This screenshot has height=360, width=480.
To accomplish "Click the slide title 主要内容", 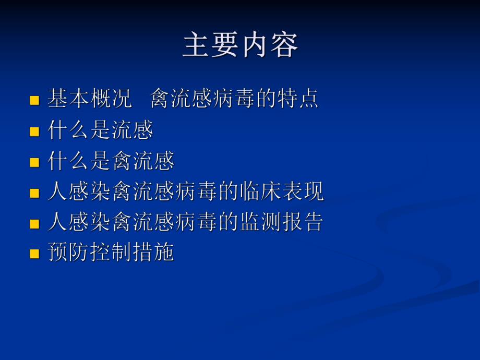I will tap(240, 45).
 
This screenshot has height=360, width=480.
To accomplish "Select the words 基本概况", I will tap(90, 99).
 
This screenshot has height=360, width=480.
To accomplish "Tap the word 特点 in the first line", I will tap(297, 99).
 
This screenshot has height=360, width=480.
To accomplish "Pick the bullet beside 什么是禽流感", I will tap(34, 162).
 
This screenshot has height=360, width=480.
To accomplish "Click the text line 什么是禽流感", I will tap(111, 161).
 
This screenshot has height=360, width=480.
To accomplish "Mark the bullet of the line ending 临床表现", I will tap(34, 193).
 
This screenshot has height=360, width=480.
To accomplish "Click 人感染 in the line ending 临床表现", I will tap(79, 192).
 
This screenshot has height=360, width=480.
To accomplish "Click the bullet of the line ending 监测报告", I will tap(34, 224).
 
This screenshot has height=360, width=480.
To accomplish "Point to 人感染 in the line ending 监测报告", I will tap(79, 222).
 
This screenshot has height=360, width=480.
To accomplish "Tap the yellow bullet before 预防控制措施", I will tap(34, 254).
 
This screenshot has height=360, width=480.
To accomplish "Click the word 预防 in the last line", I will tap(68, 253).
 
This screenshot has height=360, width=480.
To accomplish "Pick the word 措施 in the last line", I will tap(152, 253).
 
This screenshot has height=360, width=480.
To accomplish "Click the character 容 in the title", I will tap(284, 45).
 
